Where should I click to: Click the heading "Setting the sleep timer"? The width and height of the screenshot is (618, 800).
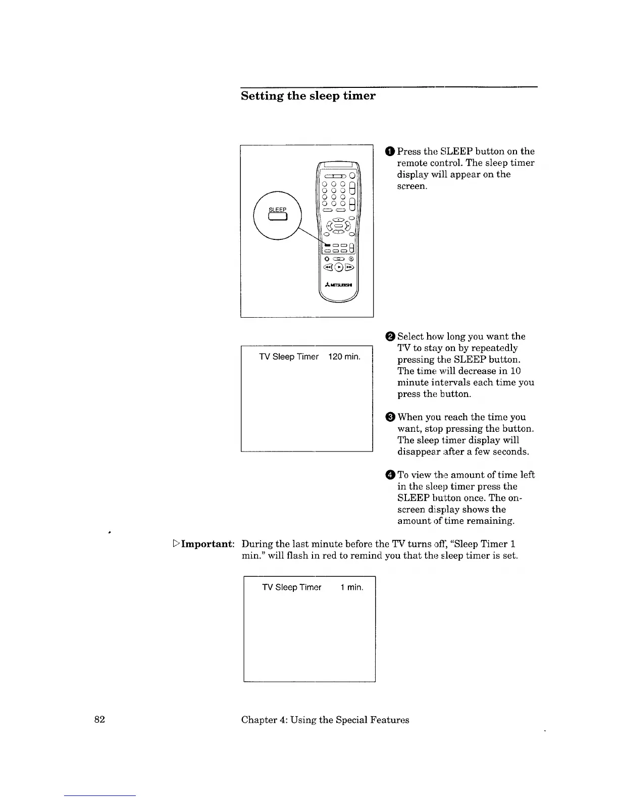[308, 96]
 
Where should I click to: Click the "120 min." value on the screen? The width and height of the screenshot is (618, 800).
[344, 357]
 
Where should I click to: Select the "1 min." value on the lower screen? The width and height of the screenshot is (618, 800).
[351, 587]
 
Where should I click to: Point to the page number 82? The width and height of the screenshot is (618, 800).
[99, 720]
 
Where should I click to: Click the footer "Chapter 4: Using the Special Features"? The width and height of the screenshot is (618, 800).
[325, 720]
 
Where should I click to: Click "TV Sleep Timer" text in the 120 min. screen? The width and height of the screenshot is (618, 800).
[289, 357]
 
